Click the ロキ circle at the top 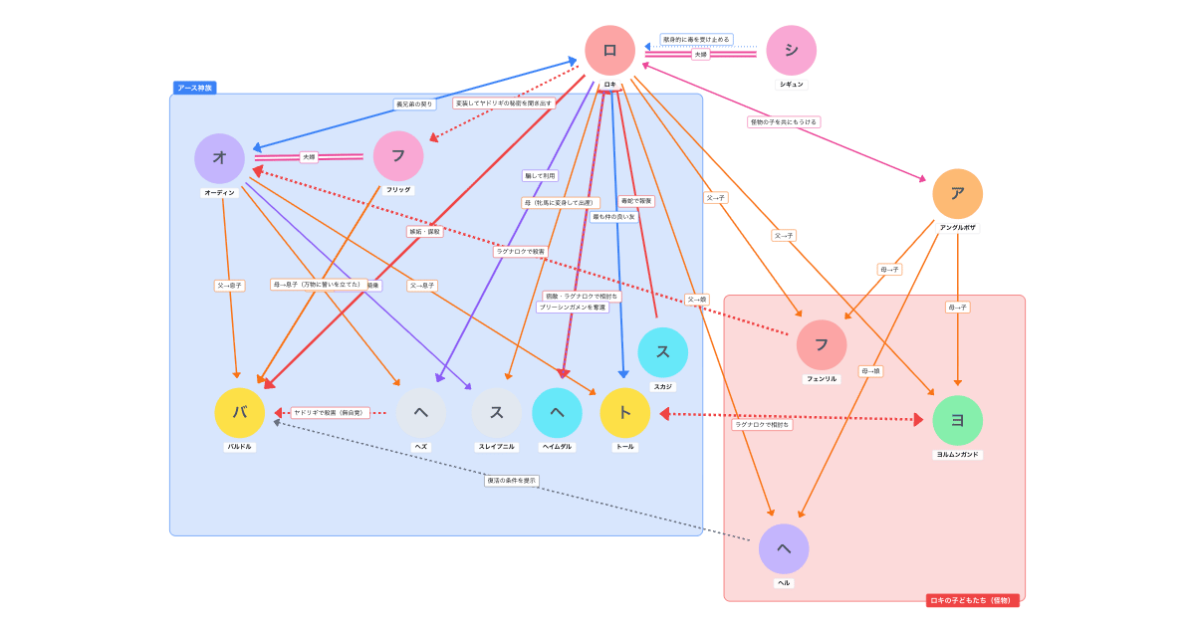(609, 50)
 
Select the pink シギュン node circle (791, 50)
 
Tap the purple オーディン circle (219, 158)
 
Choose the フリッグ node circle (398, 156)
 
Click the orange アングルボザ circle (957, 194)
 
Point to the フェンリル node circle (822, 344)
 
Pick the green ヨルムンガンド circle (957, 420)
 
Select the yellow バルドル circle (239, 413)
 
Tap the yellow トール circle (624, 413)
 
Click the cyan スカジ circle (662, 352)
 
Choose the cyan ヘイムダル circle (557, 413)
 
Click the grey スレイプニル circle (496, 413)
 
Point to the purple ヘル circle (784, 548)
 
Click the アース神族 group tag (194, 88)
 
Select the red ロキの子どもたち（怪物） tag (972, 600)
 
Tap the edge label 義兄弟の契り (414, 104)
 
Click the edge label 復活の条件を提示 (512, 481)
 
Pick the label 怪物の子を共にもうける (784, 122)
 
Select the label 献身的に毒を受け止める (696, 40)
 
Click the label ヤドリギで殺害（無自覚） (331, 413)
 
